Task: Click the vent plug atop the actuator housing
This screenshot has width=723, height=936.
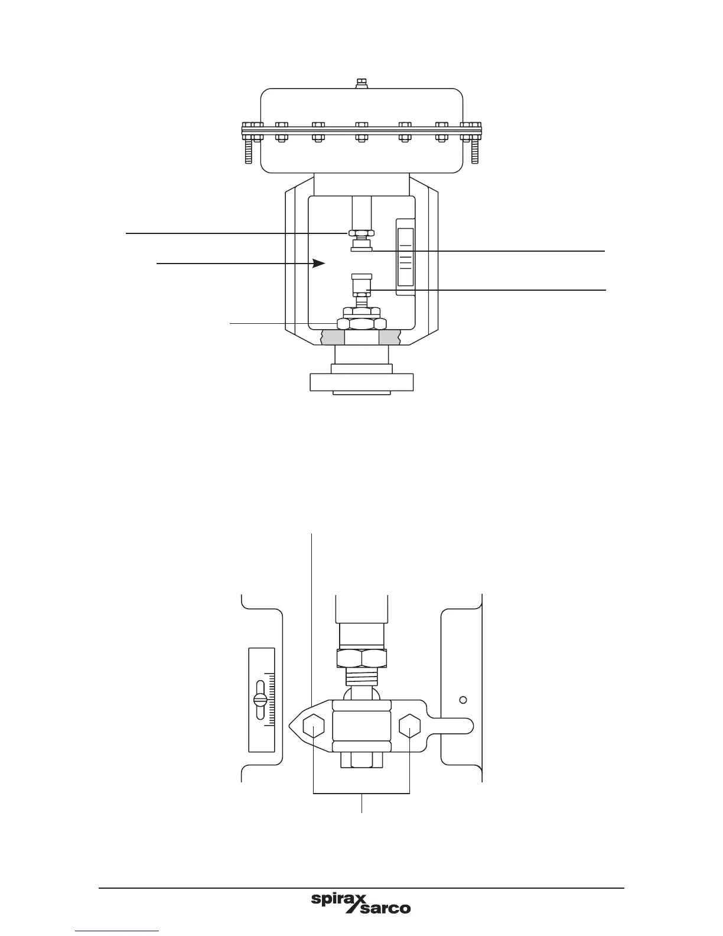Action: pos(361,83)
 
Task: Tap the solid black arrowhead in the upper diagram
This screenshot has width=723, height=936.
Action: pos(318,263)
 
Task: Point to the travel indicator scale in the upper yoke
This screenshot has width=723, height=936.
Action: pos(405,257)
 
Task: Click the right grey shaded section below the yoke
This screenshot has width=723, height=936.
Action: pos(390,337)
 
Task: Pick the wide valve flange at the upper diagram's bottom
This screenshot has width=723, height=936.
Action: pos(361,382)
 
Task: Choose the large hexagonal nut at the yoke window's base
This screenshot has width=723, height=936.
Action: pos(361,324)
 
